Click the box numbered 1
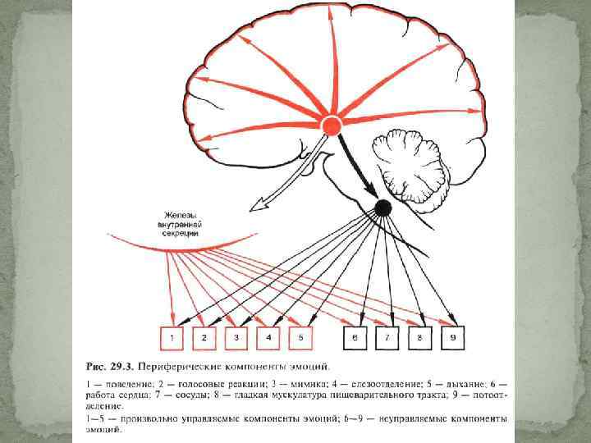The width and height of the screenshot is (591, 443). click(172, 337)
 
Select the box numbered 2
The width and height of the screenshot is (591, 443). click(204, 337)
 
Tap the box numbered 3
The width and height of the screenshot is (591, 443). click(236, 337)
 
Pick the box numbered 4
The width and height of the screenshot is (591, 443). click(268, 337)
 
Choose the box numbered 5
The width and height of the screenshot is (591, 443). click(300, 337)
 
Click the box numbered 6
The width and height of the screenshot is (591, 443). click(355, 337)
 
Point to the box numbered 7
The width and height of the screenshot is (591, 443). click(387, 337)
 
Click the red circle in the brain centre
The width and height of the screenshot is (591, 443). click(331, 125)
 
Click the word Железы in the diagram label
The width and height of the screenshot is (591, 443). click(179, 214)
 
